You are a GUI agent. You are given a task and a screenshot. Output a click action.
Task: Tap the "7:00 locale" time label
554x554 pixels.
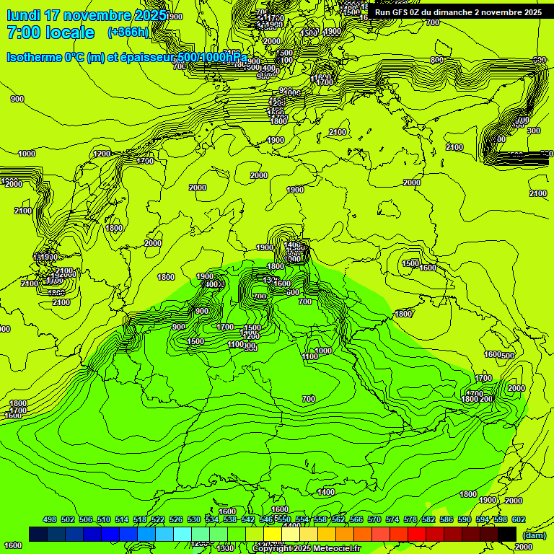50,32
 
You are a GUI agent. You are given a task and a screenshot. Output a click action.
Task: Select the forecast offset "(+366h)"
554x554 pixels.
128,32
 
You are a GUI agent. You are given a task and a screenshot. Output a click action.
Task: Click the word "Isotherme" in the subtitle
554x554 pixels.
33,58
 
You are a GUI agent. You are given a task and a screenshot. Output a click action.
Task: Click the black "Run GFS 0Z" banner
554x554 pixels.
458,12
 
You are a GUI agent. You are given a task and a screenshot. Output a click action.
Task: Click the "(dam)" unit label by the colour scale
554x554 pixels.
533,535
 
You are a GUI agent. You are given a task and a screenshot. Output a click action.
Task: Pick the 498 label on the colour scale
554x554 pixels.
50,519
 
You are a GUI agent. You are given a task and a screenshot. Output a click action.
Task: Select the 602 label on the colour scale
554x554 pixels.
519,519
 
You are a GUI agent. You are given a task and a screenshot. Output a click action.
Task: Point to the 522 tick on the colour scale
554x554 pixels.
158,519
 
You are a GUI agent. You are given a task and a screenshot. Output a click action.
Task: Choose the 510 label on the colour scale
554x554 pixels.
104,519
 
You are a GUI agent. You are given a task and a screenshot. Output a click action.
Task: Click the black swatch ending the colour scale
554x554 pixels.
507,534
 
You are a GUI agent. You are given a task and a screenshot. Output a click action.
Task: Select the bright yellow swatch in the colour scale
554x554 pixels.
273,534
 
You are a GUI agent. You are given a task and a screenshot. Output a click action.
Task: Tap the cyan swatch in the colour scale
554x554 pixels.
183,534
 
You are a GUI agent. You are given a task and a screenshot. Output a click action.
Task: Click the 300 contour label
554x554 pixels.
534,131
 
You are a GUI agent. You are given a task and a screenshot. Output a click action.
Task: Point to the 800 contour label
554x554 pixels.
437,60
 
